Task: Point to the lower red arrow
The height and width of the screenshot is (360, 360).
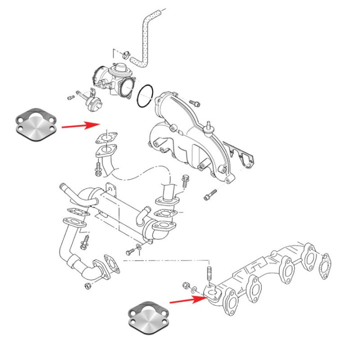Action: [188, 300]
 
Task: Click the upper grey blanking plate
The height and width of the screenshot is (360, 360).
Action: [35, 123]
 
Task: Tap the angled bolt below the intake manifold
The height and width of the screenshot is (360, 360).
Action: [209, 194]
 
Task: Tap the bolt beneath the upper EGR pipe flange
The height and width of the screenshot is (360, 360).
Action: [97, 170]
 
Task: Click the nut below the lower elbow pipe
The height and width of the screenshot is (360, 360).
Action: [87, 285]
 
